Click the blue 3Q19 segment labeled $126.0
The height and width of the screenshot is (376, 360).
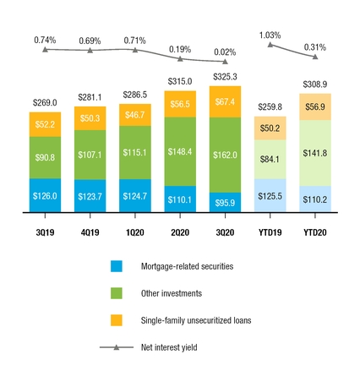45,196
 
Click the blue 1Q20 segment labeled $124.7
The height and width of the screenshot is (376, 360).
134,196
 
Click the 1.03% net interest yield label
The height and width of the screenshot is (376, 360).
270,34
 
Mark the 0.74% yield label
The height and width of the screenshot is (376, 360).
45,40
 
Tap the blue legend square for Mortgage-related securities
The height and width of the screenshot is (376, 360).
117,266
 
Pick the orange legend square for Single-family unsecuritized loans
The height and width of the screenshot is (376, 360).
117,320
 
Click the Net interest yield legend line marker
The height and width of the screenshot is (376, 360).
117,347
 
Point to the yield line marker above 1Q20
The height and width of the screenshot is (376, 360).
134,50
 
